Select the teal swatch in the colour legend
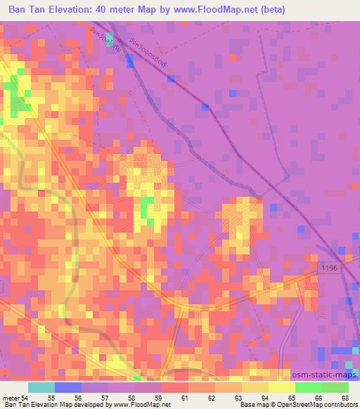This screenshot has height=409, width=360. pyautogui.click(x=41, y=387)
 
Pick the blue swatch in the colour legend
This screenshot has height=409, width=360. pyautogui.click(x=68, y=387)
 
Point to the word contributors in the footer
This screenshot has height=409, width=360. pyautogui.click(x=340, y=405)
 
